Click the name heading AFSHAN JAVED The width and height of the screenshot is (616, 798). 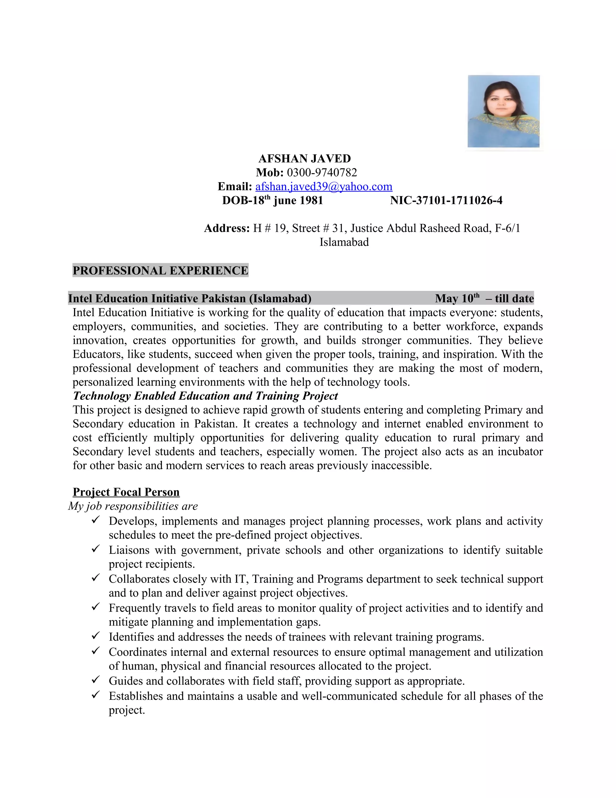click(x=304, y=159)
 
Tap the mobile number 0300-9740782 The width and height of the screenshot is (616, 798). click(x=322, y=173)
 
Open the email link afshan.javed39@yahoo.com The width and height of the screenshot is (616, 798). click(x=324, y=187)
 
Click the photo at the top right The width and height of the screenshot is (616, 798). click(x=503, y=111)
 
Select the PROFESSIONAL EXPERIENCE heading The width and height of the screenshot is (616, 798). click(x=160, y=270)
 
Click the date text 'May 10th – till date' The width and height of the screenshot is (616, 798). click(x=484, y=298)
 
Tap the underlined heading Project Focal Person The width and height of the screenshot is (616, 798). click(x=126, y=492)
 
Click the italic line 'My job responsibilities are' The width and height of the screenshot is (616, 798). click(x=133, y=506)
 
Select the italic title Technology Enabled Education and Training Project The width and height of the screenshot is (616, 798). click(x=205, y=396)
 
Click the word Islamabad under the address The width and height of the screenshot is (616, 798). click(x=344, y=242)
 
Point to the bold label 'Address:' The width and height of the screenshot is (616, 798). click(x=226, y=228)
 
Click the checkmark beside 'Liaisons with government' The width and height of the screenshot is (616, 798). click(x=96, y=548)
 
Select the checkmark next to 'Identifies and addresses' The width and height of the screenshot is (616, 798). click(x=96, y=636)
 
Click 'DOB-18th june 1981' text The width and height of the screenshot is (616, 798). click(x=272, y=200)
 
